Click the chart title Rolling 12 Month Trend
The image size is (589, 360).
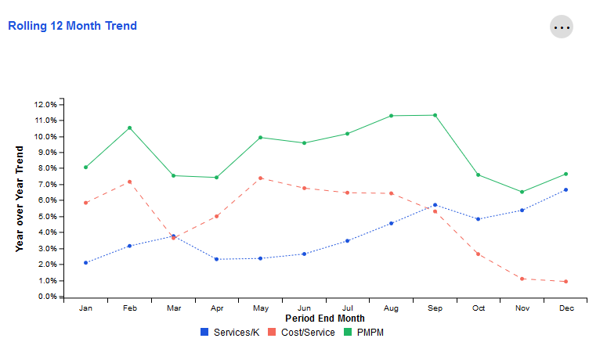[72, 26]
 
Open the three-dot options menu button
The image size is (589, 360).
[562, 27]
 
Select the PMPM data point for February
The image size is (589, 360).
[129, 128]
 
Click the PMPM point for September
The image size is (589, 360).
[435, 115]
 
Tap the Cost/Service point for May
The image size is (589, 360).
[260, 178]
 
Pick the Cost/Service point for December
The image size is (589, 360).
[566, 282]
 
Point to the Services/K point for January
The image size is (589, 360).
[85, 263]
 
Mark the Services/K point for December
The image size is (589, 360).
[566, 189]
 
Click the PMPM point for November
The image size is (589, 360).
[522, 192]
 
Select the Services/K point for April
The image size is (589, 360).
[216, 259]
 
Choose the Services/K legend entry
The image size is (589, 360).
[230, 332]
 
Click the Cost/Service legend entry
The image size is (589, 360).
[302, 332]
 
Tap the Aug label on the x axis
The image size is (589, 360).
[391, 308]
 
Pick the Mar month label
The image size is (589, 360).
[173, 308]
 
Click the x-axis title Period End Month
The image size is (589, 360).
[325, 319]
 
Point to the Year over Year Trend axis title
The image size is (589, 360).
[20, 199]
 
